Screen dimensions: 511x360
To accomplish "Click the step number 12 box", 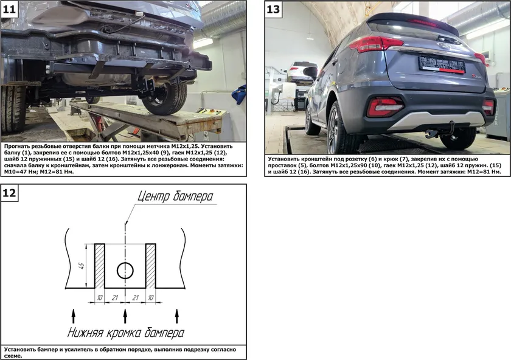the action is pyautogui.click(x=9, y=193).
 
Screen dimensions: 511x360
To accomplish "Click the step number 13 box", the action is pyautogui.click(x=273, y=9).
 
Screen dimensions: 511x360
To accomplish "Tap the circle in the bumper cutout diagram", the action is pyautogui.click(x=125, y=271).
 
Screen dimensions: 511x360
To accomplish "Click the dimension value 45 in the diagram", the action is pyautogui.click(x=82, y=266).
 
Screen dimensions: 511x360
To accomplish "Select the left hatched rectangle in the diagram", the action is pyautogui.click(x=100, y=266).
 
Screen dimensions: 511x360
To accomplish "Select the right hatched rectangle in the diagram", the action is pyautogui.click(x=151, y=266).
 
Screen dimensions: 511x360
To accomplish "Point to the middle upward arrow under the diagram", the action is pyautogui.click(x=125, y=316).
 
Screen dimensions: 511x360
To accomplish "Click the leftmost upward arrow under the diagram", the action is pyautogui.click(x=74, y=316).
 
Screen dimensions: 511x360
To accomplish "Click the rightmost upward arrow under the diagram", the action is pyautogui.click(x=177, y=316).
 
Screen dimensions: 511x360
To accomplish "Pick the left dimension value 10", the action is pyautogui.click(x=100, y=298).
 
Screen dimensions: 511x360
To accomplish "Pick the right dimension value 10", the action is pyautogui.click(x=151, y=298).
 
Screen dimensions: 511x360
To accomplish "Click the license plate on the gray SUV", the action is pyautogui.click(x=442, y=64).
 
